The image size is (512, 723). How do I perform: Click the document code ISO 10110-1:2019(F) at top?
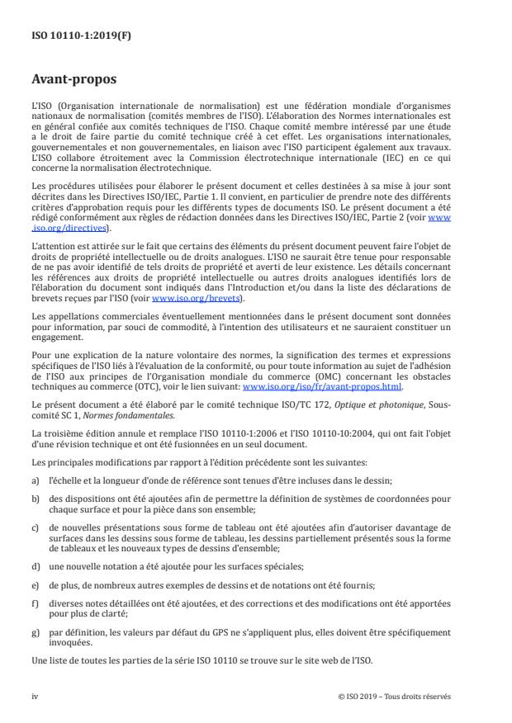[73, 35]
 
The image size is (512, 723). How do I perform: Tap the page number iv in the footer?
[35, 696]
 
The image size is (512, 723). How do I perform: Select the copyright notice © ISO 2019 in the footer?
[395, 696]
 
